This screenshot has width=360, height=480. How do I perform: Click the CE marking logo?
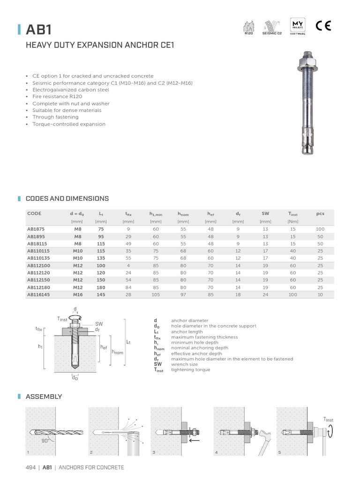(323, 26)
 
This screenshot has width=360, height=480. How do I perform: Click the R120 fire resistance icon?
(248, 27)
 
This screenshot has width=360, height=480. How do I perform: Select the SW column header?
(265, 213)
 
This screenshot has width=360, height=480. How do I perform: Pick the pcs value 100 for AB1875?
(320, 229)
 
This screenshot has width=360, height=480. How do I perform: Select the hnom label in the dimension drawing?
(117, 352)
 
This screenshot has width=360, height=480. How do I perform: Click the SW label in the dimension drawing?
(99, 324)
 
